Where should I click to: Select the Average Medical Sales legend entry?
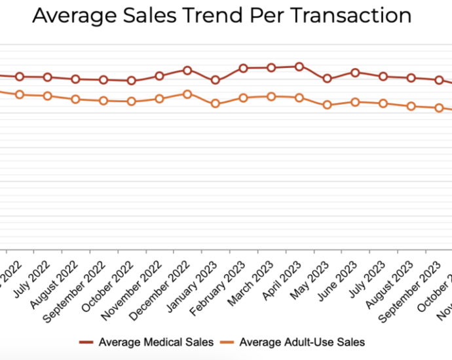pyautogui.click(x=156, y=342)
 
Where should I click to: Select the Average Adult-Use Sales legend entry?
pyautogui.click(x=302, y=342)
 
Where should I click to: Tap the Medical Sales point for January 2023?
pyautogui.click(x=215, y=80)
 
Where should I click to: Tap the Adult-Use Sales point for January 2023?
pyautogui.click(x=215, y=103)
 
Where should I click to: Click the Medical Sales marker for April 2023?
pyautogui.click(x=299, y=66)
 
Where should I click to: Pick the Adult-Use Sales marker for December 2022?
pyautogui.click(x=187, y=94)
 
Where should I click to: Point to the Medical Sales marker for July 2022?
pyautogui.click(x=48, y=77)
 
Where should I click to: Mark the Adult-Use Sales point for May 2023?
pyautogui.click(x=328, y=105)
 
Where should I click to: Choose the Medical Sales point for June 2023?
pyautogui.click(x=355, y=72)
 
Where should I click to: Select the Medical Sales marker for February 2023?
pyautogui.click(x=243, y=68)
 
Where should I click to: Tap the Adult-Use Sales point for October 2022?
pyautogui.click(x=132, y=101)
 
